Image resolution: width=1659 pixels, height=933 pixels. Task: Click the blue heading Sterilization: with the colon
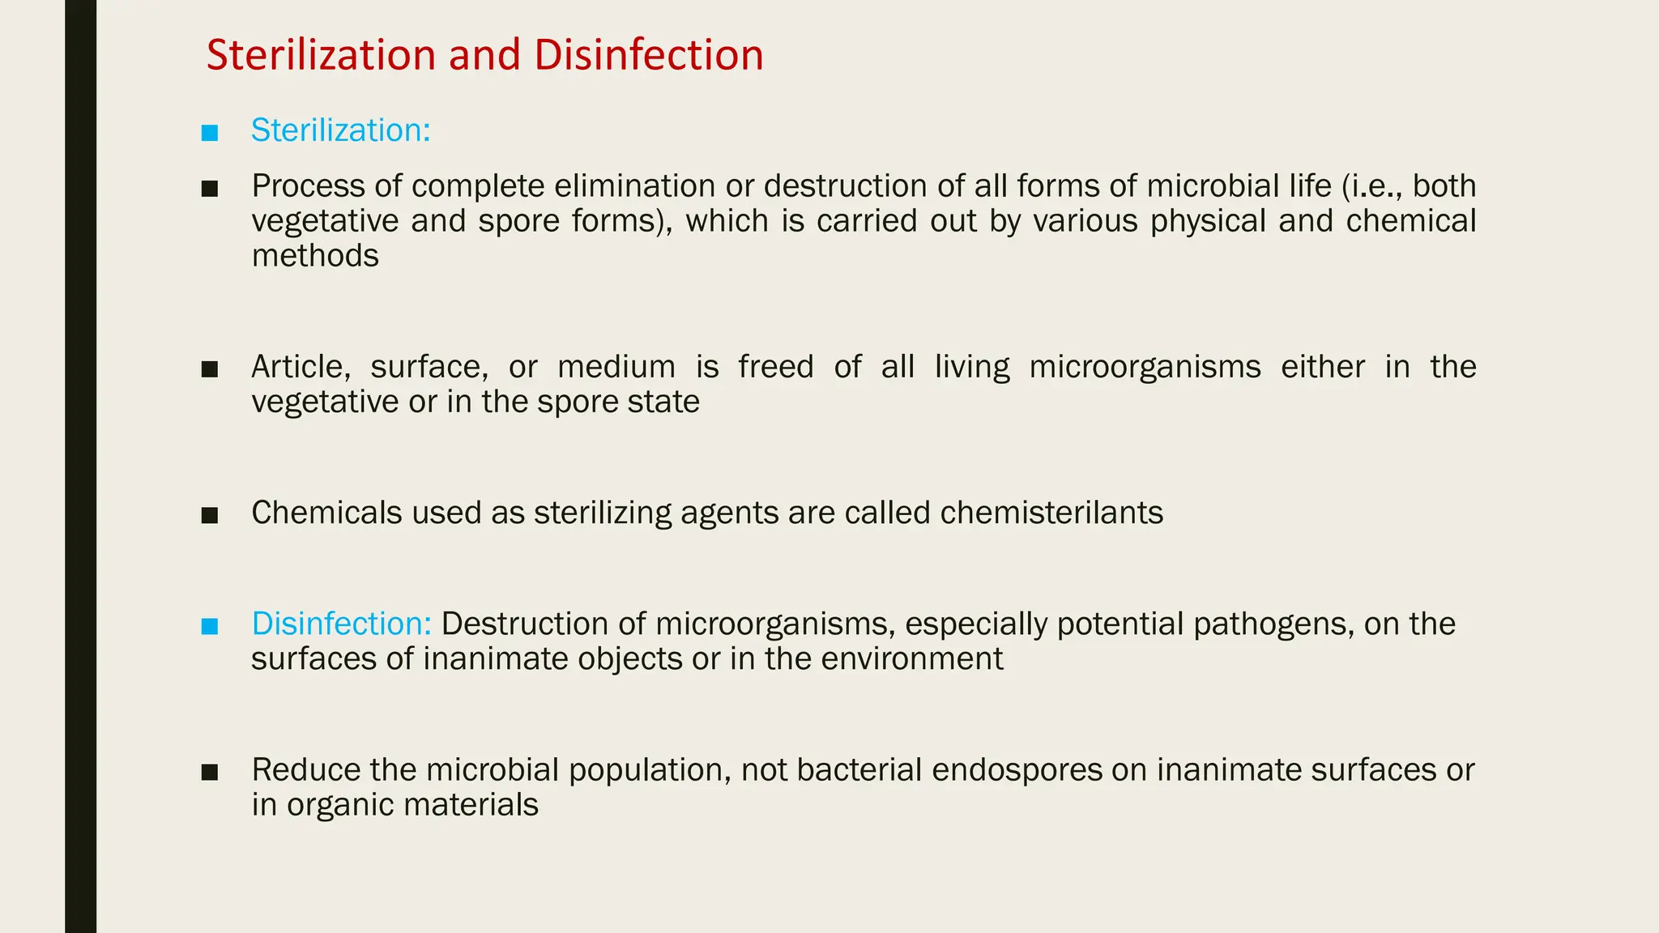pos(340,130)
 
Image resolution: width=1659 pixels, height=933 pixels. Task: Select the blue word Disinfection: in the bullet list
pos(341,624)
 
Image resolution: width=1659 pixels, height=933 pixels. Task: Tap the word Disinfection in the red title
pos(648,55)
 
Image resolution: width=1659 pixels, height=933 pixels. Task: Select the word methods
pos(315,256)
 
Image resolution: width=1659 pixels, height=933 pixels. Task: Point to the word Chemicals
pos(326,513)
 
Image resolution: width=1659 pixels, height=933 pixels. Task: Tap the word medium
pos(616,367)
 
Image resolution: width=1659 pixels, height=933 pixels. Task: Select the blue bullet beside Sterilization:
pos(210,132)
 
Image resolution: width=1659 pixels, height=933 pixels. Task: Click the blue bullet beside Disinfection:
pos(210,625)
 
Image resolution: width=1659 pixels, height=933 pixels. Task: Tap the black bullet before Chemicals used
pos(210,515)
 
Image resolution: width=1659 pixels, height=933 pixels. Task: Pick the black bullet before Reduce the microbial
pos(210,772)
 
